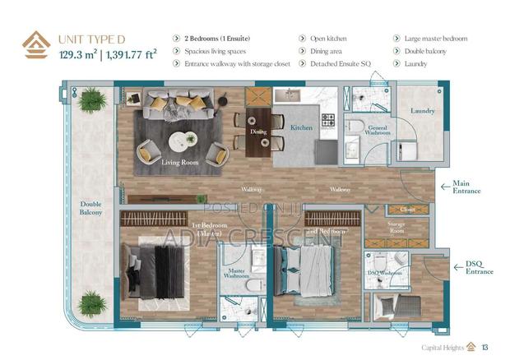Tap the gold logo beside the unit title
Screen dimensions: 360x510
tap(35, 46)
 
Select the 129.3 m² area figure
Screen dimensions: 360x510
tap(78, 56)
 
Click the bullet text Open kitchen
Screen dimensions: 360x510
tap(328, 39)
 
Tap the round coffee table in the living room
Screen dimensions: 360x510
tap(183, 141)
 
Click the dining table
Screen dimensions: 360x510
tap(258, 130)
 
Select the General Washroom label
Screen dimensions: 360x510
tap(378, 130)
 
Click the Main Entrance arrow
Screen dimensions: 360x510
tap(445, 187)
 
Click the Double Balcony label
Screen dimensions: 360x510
tap(90, 208)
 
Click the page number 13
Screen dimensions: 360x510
tap(485, 346)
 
